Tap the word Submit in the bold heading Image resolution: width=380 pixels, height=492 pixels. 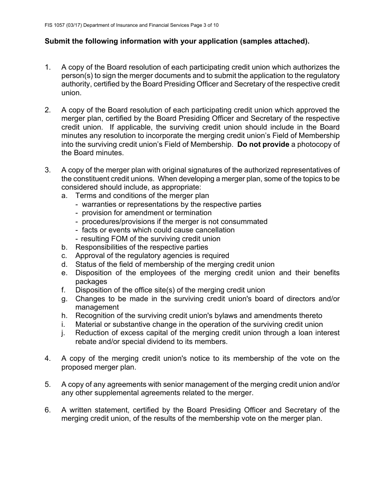(56, 41)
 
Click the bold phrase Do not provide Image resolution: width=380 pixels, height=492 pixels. (263, 144)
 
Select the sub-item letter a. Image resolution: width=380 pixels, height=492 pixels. (64, 196)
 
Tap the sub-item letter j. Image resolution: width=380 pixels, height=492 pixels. (63, 333)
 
